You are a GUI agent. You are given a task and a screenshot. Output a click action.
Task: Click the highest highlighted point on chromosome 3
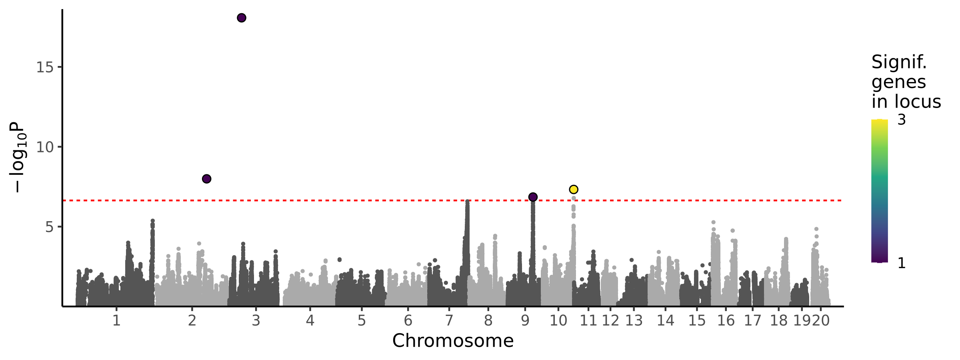coord(242,18)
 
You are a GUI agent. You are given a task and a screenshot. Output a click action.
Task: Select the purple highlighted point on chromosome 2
coord(206,179)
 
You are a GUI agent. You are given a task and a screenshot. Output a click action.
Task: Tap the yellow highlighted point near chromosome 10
coord(574,189)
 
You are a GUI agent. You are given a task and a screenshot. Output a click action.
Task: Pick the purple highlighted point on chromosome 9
coord(533,197)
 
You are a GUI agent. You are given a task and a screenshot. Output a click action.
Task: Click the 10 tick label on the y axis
coord(45,147)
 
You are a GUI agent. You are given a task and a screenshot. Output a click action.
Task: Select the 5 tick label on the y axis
coord(49,227)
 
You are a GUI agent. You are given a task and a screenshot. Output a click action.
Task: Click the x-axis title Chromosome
coord(453,341)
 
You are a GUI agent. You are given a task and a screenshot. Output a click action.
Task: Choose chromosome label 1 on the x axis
coord(116,321)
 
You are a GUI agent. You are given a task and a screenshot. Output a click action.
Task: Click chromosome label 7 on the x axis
coord(449,321)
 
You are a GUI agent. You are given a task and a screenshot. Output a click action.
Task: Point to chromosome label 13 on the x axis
coord(634,321)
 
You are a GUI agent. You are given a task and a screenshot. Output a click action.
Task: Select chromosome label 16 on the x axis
coord(726,321)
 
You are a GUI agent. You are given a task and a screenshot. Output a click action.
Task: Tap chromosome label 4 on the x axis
coord(310,321)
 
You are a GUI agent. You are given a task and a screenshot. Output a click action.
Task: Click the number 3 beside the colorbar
coord(902,120)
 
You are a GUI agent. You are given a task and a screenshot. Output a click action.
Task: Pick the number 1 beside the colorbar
coord(902,263)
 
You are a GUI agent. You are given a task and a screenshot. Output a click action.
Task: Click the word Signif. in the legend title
coord(899,62)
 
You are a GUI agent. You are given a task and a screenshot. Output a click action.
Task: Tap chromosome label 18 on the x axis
coord(779,321)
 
